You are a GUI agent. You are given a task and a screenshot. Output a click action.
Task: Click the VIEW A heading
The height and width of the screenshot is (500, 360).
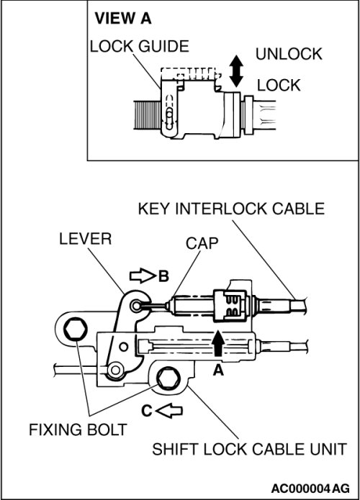[123, 18]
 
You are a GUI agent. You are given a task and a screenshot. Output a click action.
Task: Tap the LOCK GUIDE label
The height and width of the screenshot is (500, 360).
[140, 47]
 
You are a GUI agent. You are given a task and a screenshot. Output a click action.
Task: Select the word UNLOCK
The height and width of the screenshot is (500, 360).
[289, 54]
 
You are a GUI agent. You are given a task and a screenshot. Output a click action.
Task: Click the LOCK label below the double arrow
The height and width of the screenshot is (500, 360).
[279, 85]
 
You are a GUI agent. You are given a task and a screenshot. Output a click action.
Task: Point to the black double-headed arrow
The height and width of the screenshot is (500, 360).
[236, 71]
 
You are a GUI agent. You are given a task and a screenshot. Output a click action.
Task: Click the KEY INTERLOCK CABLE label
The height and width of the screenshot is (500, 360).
[231, 209]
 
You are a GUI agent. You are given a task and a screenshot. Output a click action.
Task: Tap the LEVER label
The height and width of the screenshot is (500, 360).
[85, 239]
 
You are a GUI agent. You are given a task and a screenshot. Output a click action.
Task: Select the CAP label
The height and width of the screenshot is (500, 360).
[202, 243]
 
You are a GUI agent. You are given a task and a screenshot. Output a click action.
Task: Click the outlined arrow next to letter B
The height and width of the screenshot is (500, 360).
[143, 276]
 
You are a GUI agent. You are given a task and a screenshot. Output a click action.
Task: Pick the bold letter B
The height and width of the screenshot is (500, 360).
[163, 276]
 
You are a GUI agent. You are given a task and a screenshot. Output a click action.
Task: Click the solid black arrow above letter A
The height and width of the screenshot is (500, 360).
[218, 343]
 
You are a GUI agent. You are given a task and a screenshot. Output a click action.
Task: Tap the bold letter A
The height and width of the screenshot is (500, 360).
[218, 371]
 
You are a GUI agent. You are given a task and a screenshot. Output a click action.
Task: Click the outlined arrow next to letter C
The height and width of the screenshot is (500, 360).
[169, 410]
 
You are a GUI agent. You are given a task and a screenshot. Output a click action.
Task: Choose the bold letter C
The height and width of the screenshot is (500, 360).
[147, 411]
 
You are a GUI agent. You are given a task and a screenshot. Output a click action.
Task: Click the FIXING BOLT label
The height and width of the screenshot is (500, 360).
[78, 429]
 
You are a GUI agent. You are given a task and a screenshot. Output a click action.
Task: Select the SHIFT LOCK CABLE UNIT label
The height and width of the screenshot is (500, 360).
[249, 450]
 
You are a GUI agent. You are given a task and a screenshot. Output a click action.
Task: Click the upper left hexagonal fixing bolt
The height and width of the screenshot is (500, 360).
[76, 329]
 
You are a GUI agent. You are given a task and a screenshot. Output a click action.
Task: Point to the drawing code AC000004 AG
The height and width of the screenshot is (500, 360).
[310, 488]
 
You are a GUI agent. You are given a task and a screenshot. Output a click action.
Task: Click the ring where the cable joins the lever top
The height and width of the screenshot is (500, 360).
[135, 306]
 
